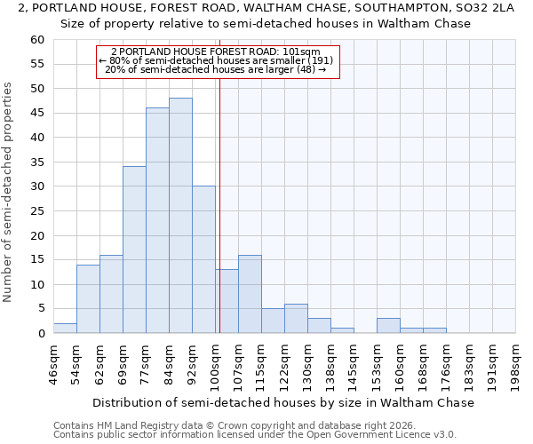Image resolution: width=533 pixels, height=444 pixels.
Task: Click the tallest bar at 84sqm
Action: [180, 216]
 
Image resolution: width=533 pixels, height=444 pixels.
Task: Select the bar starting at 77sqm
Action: [157, 220]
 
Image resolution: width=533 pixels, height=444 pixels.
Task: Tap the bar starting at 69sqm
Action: [134, 250]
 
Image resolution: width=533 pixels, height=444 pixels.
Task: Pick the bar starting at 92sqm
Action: [203, 259]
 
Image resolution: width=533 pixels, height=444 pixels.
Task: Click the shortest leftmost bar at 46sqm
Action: [65, 329]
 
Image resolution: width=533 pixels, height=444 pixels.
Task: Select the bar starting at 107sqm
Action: [250, 294]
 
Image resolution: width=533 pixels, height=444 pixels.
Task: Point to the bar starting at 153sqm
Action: [388, 326]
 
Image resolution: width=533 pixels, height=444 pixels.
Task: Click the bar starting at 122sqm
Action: [296, 319]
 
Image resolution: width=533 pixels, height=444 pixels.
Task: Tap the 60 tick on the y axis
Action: [37, 40]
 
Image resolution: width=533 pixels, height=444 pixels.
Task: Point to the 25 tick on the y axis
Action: [37, 211]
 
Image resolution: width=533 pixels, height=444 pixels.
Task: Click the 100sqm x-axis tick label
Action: [215, 363]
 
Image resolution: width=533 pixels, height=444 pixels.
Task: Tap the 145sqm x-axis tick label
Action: [354, 363]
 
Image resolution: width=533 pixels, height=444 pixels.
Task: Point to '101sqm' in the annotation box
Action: [301, 52]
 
